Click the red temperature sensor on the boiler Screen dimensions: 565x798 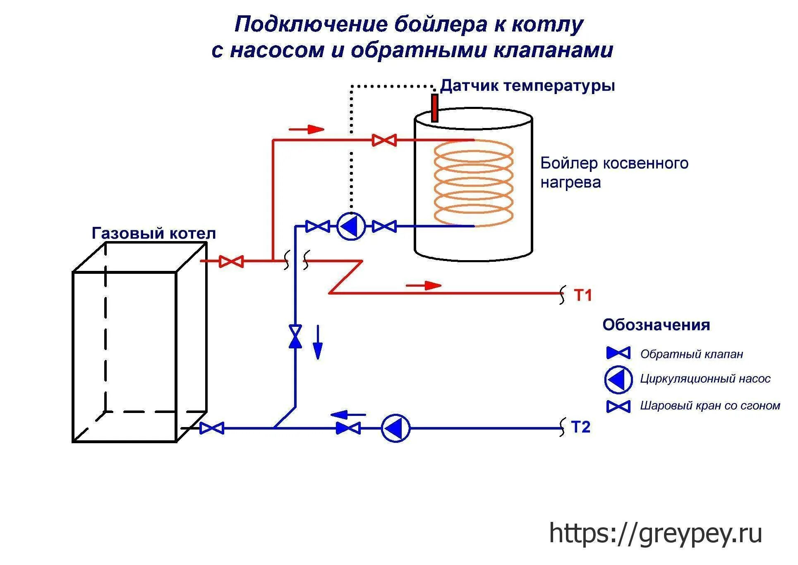[434, 108]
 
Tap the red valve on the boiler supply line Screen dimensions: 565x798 [384, 140]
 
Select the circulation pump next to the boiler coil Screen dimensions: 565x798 [351, 226]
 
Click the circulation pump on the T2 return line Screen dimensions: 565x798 [395, 428]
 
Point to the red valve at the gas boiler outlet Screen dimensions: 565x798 [231, 261]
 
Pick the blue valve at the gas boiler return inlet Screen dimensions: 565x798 [212, 428]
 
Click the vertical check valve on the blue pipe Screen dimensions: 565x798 [295, 336]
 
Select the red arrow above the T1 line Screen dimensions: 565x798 [424, 285]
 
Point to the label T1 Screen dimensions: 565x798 [583, 295]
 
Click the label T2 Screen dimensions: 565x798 [580, 427]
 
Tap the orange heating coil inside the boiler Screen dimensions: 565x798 [474, 183]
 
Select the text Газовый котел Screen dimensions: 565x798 [153, 234]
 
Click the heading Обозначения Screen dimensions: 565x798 [656, 325]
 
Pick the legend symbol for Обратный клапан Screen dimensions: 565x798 [618, 353]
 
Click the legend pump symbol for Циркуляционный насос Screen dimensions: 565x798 [618, 379]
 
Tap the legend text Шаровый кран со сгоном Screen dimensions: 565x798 [710, 406]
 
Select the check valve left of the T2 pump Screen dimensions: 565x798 [348, 428]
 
